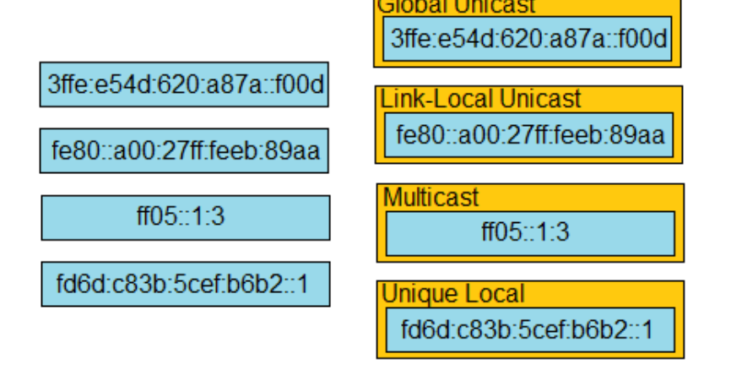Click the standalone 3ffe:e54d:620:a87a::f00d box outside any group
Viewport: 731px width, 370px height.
(184, 84)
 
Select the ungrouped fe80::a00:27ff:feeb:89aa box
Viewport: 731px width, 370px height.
(184, 150)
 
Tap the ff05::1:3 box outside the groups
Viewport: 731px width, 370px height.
(185, 217)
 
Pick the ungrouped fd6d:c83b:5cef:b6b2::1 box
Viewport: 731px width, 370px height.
(185, 284)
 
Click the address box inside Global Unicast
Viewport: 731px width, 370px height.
(528, 38)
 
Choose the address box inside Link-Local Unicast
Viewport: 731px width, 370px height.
(529, 135)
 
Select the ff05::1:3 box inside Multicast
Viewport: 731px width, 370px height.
(530, 232)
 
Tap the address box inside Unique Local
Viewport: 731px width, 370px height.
(530, 329)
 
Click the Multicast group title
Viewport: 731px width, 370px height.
(430, 198)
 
